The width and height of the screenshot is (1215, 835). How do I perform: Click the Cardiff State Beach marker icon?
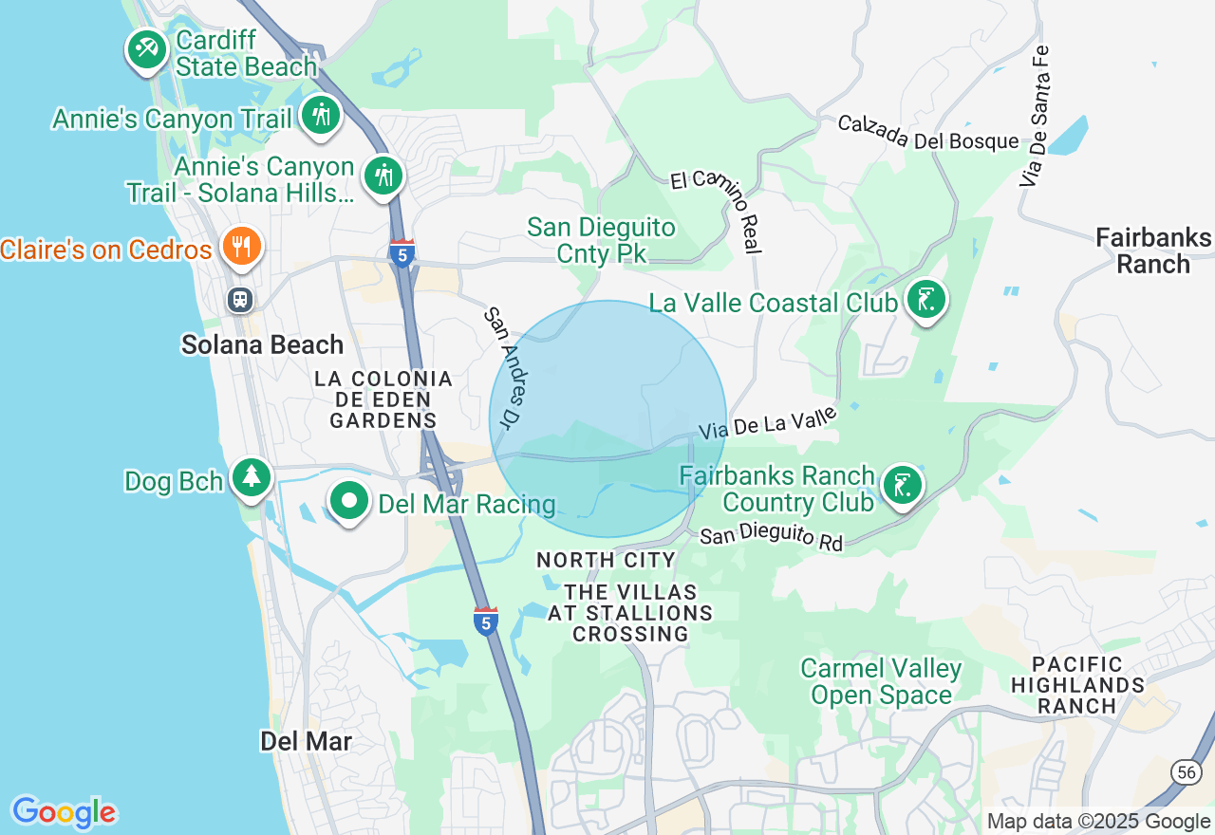(146, 48)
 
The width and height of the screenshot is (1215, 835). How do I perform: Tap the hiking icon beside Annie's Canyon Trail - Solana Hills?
(383, 176)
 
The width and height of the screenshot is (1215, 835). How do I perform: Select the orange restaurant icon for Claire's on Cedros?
(241, 247)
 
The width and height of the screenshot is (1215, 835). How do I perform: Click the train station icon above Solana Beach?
(240, 300)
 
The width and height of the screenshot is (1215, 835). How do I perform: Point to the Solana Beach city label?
(262, 344)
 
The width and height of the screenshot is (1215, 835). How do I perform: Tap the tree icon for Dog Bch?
(252, 476)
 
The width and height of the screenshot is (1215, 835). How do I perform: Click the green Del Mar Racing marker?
(349, 500)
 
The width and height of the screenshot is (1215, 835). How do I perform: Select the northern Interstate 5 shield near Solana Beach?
(402, 253)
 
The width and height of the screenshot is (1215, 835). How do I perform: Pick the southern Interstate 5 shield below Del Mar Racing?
(485, 621)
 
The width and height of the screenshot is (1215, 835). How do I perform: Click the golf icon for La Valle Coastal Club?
(925, 300)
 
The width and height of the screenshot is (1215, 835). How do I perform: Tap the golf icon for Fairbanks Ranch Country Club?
(902, 485)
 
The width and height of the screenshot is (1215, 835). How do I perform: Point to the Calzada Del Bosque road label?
(927, 134)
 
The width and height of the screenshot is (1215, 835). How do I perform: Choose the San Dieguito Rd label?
(771, 538)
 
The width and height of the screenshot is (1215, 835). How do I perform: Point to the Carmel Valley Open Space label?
(881, 682)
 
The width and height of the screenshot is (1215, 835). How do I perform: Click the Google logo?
(64, 812)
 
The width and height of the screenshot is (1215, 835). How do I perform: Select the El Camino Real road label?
(716, 211)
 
